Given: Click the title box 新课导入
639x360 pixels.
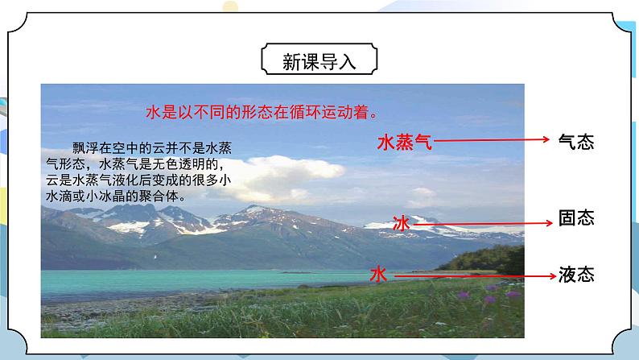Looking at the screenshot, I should (x=319, y=60).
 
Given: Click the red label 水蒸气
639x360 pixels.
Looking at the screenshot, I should (x=405, y=143).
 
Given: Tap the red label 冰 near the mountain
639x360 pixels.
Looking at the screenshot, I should (x=401, y=224).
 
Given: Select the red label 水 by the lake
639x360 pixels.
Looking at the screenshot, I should (x=378, y=275).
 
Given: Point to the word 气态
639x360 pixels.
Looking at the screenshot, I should (x=575, y=143).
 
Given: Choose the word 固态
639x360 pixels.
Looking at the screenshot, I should (x=575, y=218).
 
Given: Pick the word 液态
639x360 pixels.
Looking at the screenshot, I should (x=575, y=275).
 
